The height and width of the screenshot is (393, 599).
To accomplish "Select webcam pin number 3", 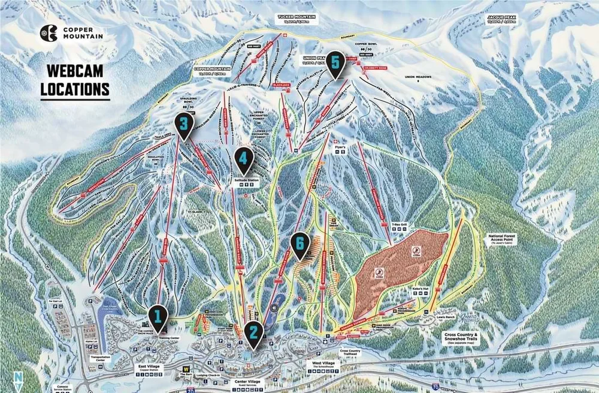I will pos(184,124).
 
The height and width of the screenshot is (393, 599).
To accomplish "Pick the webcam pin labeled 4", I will pos(243,159).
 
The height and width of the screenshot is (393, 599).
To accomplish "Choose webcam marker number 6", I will pos(299,244).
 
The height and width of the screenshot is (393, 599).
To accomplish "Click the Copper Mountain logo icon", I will pos(48,33).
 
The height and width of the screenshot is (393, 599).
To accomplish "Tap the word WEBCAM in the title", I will pos(75,71).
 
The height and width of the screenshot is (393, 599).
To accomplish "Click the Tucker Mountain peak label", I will pos(298,18).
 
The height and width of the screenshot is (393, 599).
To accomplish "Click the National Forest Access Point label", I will pos(504,238).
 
